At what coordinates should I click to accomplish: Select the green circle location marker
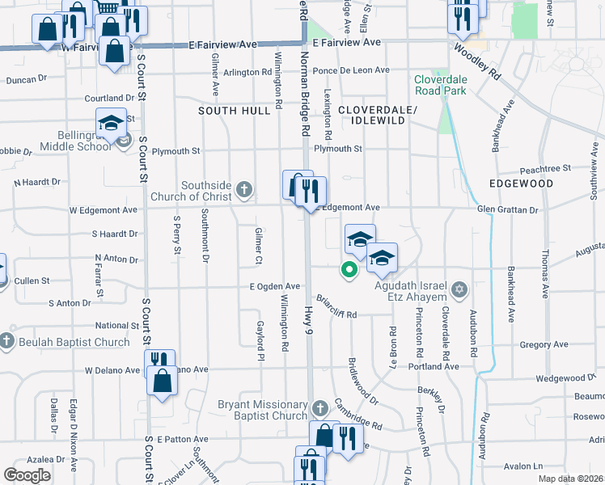[x=349, y=270]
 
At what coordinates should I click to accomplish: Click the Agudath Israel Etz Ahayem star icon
[x=459, y=289]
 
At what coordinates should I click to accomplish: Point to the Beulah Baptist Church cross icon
[x=6, y=342]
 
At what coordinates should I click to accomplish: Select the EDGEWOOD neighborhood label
[x=521, y=184]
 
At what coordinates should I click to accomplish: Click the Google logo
[x=27, y=475]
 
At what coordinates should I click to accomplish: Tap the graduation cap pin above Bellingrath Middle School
[x=111, y=124]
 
